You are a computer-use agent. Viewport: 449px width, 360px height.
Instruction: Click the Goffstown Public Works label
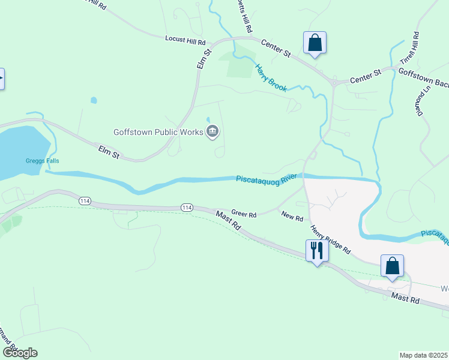(x=159, y=131)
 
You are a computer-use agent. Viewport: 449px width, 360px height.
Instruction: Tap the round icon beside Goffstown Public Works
(x=212, y=131)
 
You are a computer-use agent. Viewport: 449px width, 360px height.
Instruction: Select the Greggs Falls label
(x=42, y=161)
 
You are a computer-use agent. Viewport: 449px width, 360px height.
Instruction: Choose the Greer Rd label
(x=244, y=214)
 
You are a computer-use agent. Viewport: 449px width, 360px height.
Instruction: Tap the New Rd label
(x=292, y=218)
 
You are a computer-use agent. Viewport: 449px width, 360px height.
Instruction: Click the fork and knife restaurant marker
(x=316, y=250)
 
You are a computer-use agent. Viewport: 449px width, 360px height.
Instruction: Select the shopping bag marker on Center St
(x=315, y=43)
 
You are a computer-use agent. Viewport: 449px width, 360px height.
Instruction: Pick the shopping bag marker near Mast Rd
(x=392, y=265)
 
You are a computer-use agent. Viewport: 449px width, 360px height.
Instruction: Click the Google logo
(x=19, y=353)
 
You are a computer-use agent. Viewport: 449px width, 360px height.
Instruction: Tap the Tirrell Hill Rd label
(x=413, y=51)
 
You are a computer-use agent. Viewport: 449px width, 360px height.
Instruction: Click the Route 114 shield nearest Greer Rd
(x=187, y=207)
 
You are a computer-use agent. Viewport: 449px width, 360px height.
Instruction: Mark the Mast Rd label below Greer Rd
(x=229, y=220)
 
